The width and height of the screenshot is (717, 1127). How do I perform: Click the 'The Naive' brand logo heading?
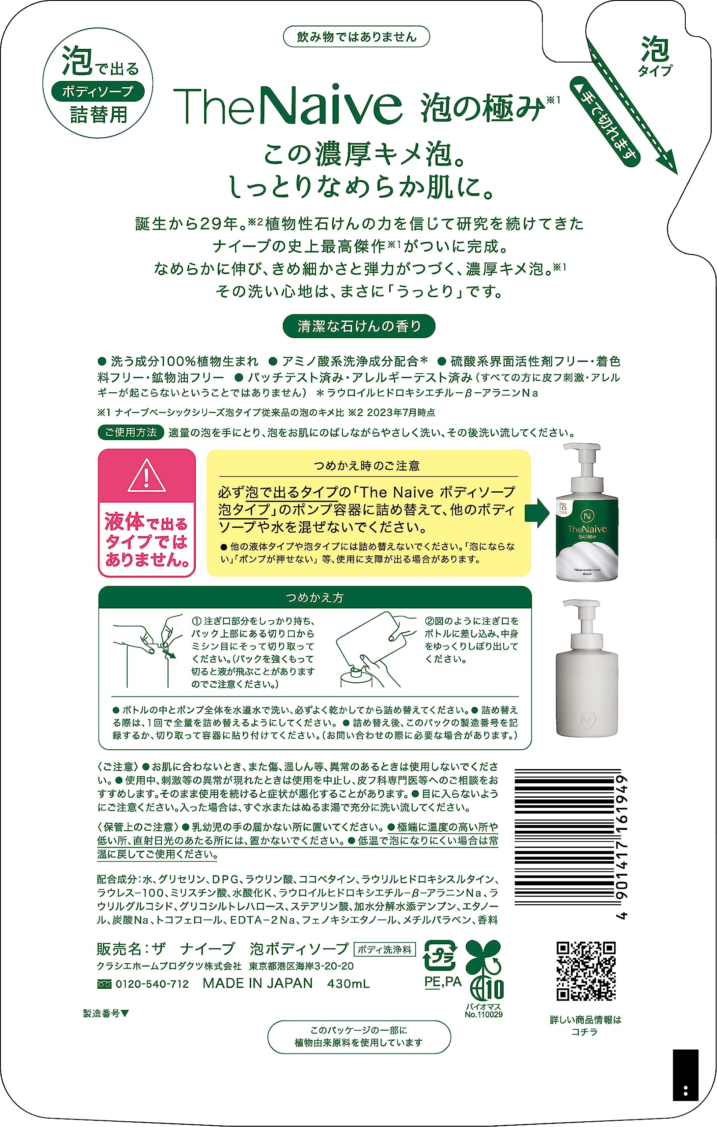tap(288, 106)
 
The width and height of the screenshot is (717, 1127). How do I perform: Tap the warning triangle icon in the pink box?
tap(147, 476)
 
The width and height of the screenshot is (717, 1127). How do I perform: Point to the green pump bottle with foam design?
tap(586, 513)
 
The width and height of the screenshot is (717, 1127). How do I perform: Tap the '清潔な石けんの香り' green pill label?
tap(359, 326)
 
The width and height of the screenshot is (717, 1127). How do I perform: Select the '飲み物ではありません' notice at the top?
tap(356, 37)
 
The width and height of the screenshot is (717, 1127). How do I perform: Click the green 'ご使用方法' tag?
tap(131, 432)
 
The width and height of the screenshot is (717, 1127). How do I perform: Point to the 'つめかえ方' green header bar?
tap(315, 598)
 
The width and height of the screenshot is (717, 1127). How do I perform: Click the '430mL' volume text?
tap(348, 984)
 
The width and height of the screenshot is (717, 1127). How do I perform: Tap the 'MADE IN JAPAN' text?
tap(257, 983)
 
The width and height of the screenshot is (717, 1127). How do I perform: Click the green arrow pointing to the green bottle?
tap(537, 513)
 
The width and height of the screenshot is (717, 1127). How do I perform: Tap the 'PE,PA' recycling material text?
tap(443, 981)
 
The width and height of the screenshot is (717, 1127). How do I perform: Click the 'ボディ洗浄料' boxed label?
tap(384, 950)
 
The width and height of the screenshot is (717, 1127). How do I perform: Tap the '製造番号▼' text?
tap(106, 1014)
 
